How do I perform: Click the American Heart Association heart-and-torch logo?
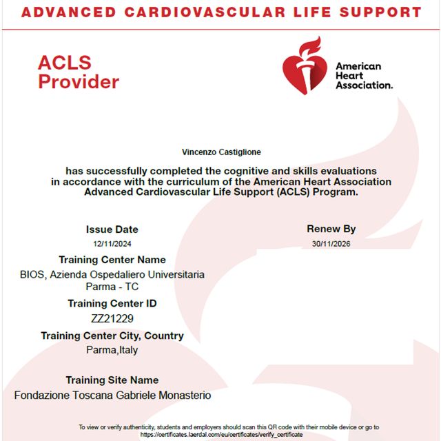304,66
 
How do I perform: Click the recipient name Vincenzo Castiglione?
221,151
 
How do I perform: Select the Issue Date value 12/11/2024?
112,243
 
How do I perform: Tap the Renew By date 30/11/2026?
331,243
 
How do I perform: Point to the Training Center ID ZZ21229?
112,318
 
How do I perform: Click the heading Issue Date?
112,229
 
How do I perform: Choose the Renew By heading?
331,229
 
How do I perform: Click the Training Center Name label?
112,260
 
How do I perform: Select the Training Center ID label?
112,303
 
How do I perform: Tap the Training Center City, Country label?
112,336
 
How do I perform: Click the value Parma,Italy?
112,350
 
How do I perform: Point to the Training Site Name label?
112,380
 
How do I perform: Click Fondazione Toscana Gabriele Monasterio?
112,396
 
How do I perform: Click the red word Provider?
79,82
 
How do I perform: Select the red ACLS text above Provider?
65,63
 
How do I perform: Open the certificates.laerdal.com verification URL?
221,435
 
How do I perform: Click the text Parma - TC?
112,287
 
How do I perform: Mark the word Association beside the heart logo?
364,85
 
